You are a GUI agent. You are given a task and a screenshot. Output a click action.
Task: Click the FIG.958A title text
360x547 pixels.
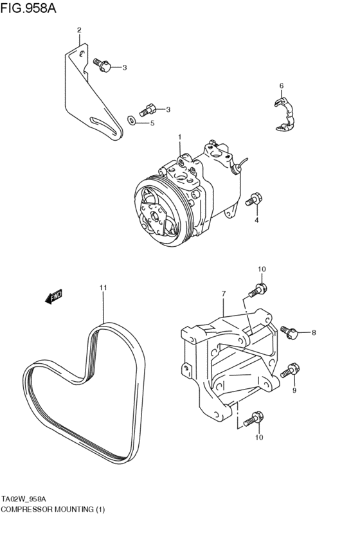click(x=28, y=7)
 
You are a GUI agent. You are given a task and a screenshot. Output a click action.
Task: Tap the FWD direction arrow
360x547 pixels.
click(x=54, y=296)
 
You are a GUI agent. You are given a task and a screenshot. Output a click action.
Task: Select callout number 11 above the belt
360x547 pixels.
click(x=103, y=287)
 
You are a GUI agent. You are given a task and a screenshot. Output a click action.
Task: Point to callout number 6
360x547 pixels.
click(x=282, y=85)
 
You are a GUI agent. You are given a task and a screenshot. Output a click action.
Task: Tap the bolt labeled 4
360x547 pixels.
click(x=254, y=200)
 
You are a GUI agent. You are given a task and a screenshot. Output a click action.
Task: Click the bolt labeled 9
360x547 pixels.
click(x=290, y=370)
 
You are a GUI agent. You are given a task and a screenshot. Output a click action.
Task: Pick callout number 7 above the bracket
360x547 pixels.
click(x=224, y=294)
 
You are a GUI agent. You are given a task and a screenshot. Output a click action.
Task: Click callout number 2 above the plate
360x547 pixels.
click(x=79, y=30)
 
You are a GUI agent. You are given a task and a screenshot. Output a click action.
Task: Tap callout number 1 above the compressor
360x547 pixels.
click(x=180, y=137)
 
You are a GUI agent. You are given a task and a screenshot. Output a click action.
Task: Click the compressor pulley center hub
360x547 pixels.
click(x=154, y=217)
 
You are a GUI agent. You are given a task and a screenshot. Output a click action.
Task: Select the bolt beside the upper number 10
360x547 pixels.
click(x=258, y=290)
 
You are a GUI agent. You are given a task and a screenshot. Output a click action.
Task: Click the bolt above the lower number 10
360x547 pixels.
click(x=253, y=418)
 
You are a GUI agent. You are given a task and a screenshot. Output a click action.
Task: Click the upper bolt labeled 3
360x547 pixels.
click(x=102, y=65)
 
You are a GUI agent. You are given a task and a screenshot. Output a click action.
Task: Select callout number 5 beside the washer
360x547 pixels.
click(x=152, y=123)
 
